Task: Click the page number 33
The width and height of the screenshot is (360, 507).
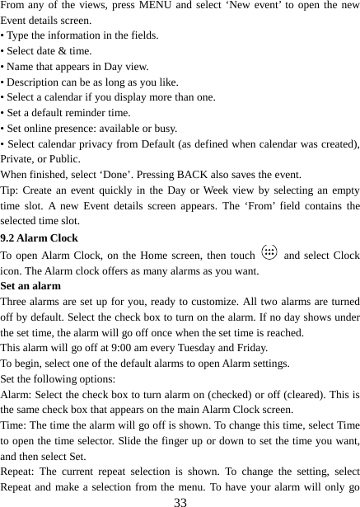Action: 180,500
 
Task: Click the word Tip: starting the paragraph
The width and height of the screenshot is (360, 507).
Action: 12,189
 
